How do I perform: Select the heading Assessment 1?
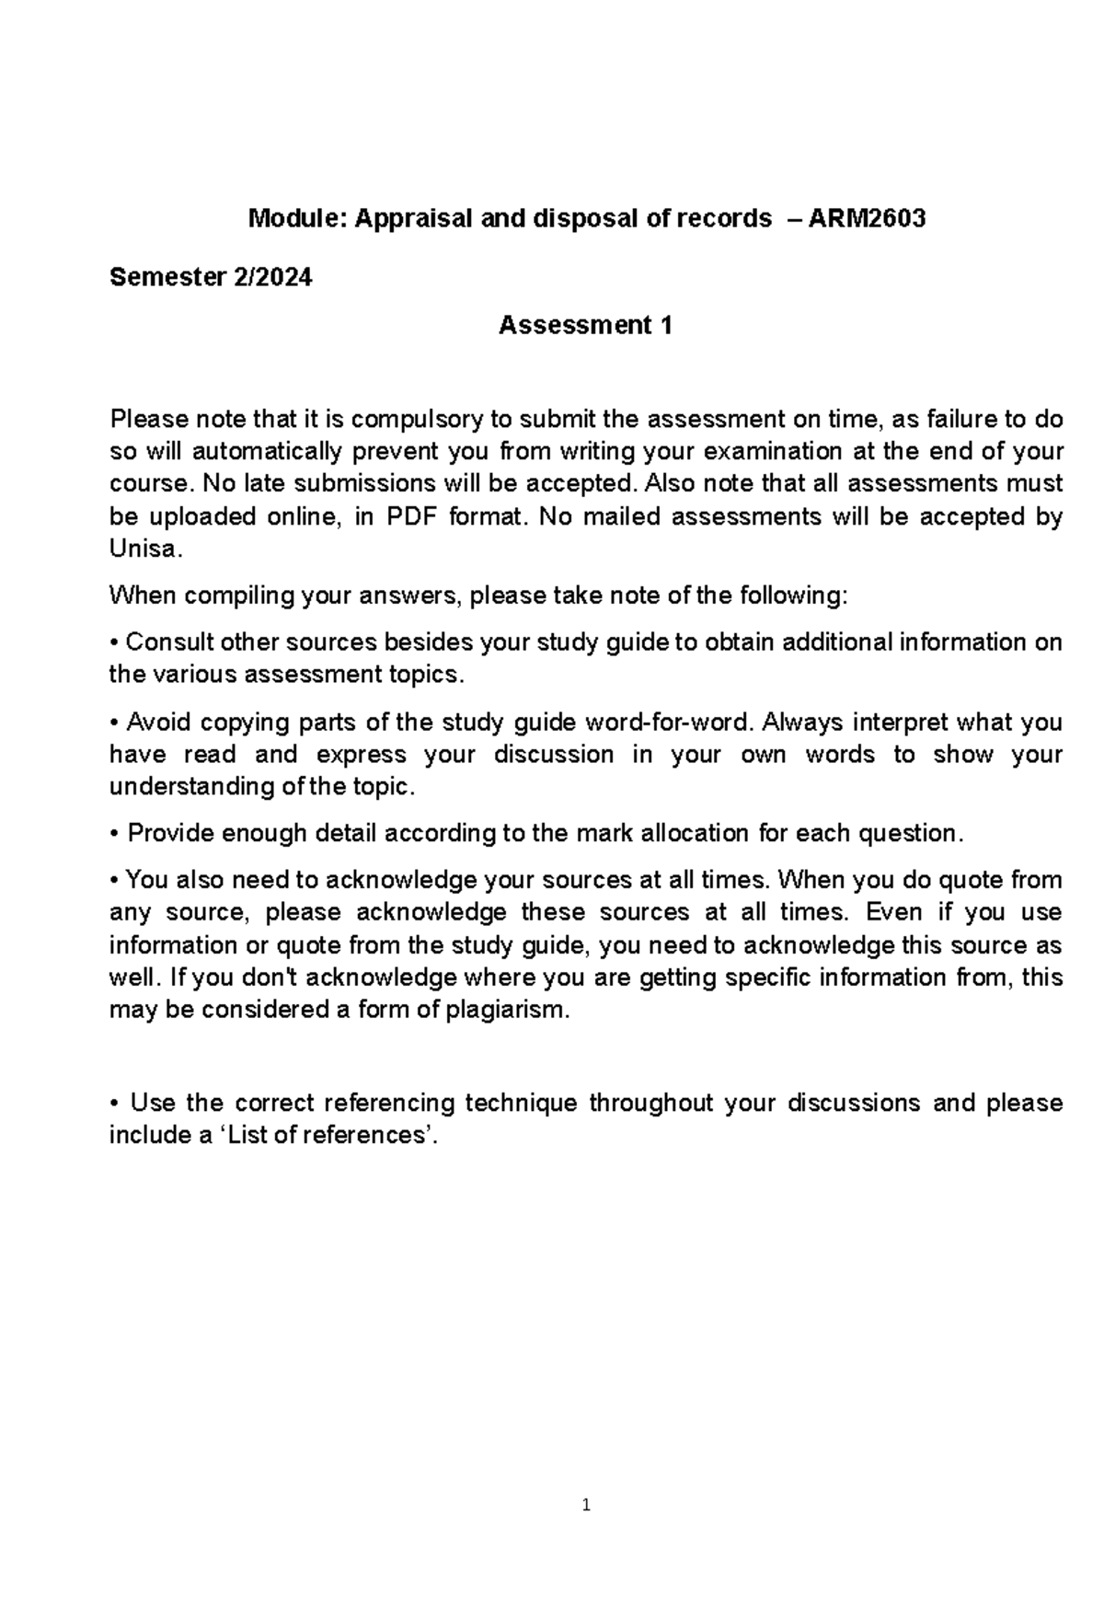point(585,326)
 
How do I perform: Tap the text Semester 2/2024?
point(211,277)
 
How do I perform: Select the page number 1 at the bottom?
point(585,1506)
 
